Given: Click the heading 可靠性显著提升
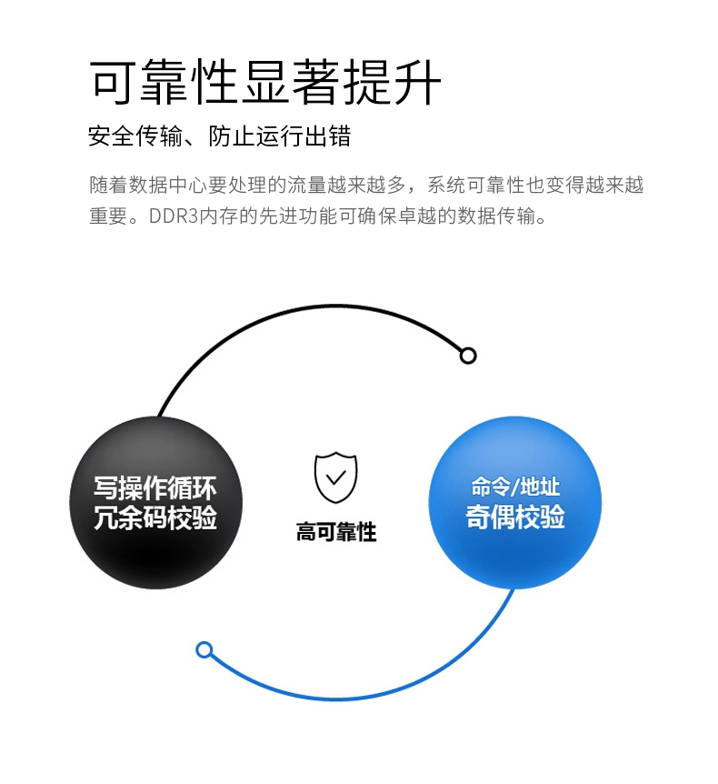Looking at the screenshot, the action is click(265, 83).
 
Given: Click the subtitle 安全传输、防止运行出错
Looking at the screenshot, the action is click(219, 137).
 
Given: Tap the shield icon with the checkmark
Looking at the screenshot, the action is click(335, 477).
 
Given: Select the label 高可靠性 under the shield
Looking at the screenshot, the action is click(335, 532).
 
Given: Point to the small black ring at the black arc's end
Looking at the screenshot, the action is click(468, 356).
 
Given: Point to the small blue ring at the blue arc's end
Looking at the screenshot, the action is click(204, 649).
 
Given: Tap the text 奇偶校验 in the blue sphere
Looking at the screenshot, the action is click(515, 518).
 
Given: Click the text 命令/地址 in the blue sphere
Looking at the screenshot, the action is click(515, 487).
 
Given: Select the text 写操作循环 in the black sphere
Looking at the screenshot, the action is click(155, 487).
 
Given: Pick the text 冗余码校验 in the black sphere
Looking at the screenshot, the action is click(155, 518).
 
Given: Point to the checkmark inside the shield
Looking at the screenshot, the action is click(335, 477).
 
